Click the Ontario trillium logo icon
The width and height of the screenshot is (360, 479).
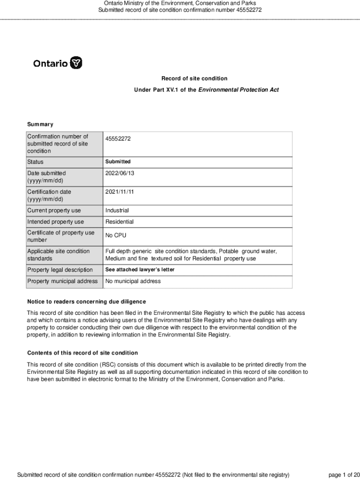tap(76, 63)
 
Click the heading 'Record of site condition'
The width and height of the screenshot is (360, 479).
tap(194, 79)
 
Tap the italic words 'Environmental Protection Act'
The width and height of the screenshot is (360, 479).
tap(238, 89)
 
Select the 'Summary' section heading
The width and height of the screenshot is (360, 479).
tap(40, 124)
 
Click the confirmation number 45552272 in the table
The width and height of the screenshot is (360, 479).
tap(118, 139)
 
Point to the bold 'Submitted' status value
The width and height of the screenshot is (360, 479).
tap(118, 162)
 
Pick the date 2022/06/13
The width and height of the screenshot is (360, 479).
tap(119, 173)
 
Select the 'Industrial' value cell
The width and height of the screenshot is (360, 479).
tap(117, 210)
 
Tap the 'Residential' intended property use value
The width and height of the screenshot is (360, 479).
tap(119, 222)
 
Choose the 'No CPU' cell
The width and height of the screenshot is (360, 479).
tap(116, 235)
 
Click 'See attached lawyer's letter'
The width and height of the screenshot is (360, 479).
tap(139, 270)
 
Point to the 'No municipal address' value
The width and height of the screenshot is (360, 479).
tap(133, 281)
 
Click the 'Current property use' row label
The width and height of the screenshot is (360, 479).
tap(54, 210)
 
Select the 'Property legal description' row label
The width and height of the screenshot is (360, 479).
tap(60, 270)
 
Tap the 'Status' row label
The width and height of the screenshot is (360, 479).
tap(35, 162)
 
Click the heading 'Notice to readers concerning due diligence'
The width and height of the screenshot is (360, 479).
tap(86, 302)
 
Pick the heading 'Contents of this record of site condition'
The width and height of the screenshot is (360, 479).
tap(82, 353)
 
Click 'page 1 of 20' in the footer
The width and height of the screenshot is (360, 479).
tap(344, 475)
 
